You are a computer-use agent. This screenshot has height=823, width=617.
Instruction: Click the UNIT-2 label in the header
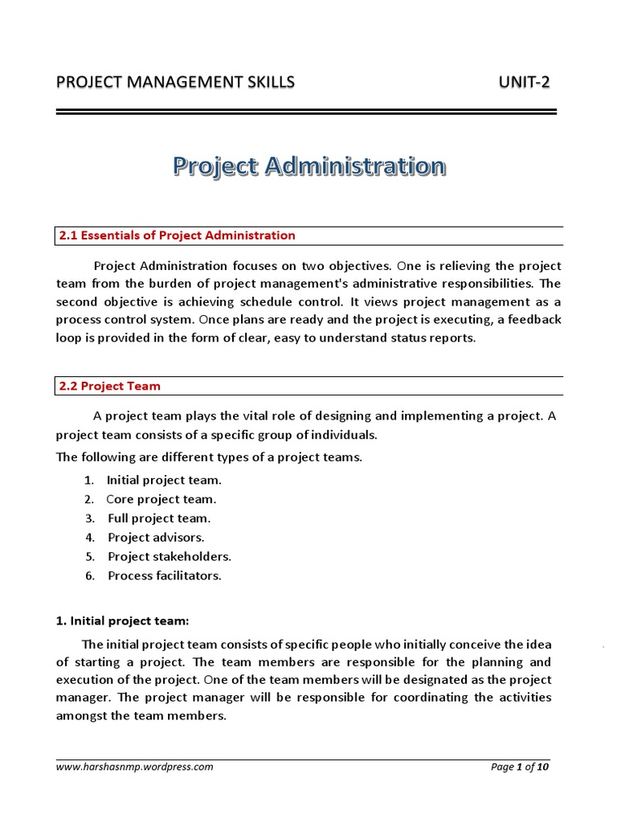coord(524,82)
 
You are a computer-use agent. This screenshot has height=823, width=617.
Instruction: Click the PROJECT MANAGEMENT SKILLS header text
coord(175,82)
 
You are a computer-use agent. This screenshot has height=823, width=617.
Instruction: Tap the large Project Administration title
coord(308,166)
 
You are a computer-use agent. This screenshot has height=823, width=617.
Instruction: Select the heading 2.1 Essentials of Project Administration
coord(177,235)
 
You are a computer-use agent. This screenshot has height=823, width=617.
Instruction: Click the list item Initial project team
coord(164,480)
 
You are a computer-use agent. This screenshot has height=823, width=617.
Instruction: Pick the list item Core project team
coord(161,499)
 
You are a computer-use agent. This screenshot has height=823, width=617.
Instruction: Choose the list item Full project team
coord(159,518)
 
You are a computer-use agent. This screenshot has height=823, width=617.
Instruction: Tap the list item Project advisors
coord(156,537)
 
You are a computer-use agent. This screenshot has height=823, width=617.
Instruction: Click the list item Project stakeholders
coord(170,556)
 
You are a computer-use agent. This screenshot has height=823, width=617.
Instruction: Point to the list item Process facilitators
coord(165,575)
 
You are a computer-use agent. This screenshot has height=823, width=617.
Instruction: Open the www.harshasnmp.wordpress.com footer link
coord(134,767)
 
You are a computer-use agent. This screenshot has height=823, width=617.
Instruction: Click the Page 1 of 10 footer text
coord(520,767)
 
